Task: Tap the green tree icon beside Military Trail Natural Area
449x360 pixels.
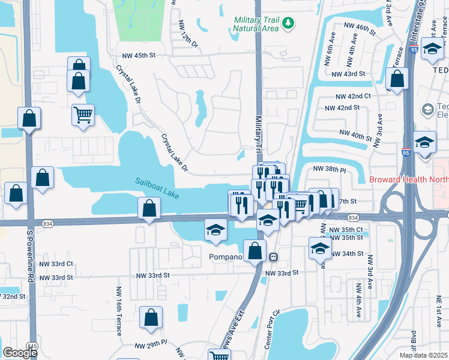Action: pos(289,23)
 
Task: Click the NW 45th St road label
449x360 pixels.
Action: pos(139,55)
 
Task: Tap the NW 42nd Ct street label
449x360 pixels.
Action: pos(353,96)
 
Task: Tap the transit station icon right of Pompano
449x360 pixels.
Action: pos(273,257)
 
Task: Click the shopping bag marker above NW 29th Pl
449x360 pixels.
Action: pos(151,317)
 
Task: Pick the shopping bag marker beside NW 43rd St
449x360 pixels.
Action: pos(397,79)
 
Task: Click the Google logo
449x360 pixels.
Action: pos(20,353)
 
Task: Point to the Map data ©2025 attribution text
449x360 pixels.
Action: pos(423,355)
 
